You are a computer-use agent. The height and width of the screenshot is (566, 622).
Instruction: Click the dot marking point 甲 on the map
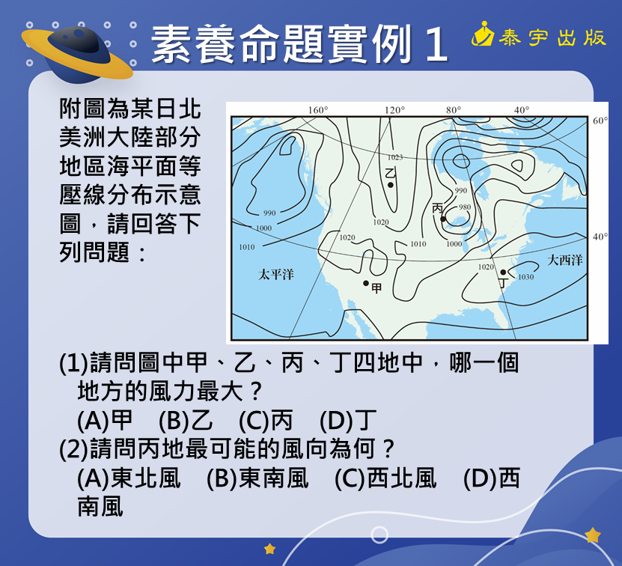tap(366, 283)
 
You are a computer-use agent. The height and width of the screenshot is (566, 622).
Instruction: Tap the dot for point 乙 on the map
tap(390, 185)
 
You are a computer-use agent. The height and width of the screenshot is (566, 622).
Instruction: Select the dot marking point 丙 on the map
tap(443, 219)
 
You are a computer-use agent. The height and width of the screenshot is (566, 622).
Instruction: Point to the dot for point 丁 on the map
tap(503, 272)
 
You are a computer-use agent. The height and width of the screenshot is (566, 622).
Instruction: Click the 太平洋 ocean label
tap(276, 274)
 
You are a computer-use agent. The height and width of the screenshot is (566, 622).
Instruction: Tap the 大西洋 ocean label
tap(565, 261)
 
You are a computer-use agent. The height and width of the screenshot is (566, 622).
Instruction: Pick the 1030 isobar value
tap(525, 277)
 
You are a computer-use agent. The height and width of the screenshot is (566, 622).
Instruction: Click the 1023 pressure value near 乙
tap(395, 157)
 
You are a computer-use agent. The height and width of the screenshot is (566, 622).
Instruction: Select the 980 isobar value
tap(465, 207)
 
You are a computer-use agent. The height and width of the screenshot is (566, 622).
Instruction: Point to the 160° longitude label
tap(318, 109)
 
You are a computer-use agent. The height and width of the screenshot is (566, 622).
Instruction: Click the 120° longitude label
tap(394, 109)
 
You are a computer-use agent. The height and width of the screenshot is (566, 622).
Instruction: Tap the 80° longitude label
tap(454, 109)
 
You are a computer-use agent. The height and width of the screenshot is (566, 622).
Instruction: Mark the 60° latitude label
tap(600, 121)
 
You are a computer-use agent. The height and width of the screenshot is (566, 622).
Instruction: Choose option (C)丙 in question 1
tap(266, 420)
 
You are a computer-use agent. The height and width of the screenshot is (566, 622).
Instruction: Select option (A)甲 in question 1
tap(105, 420)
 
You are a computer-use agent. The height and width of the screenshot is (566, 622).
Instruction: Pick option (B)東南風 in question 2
tap(257, 478)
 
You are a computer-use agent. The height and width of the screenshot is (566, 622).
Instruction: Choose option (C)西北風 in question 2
tap(385, 478)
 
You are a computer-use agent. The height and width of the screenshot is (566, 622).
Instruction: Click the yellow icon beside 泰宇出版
tap(483, 34)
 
